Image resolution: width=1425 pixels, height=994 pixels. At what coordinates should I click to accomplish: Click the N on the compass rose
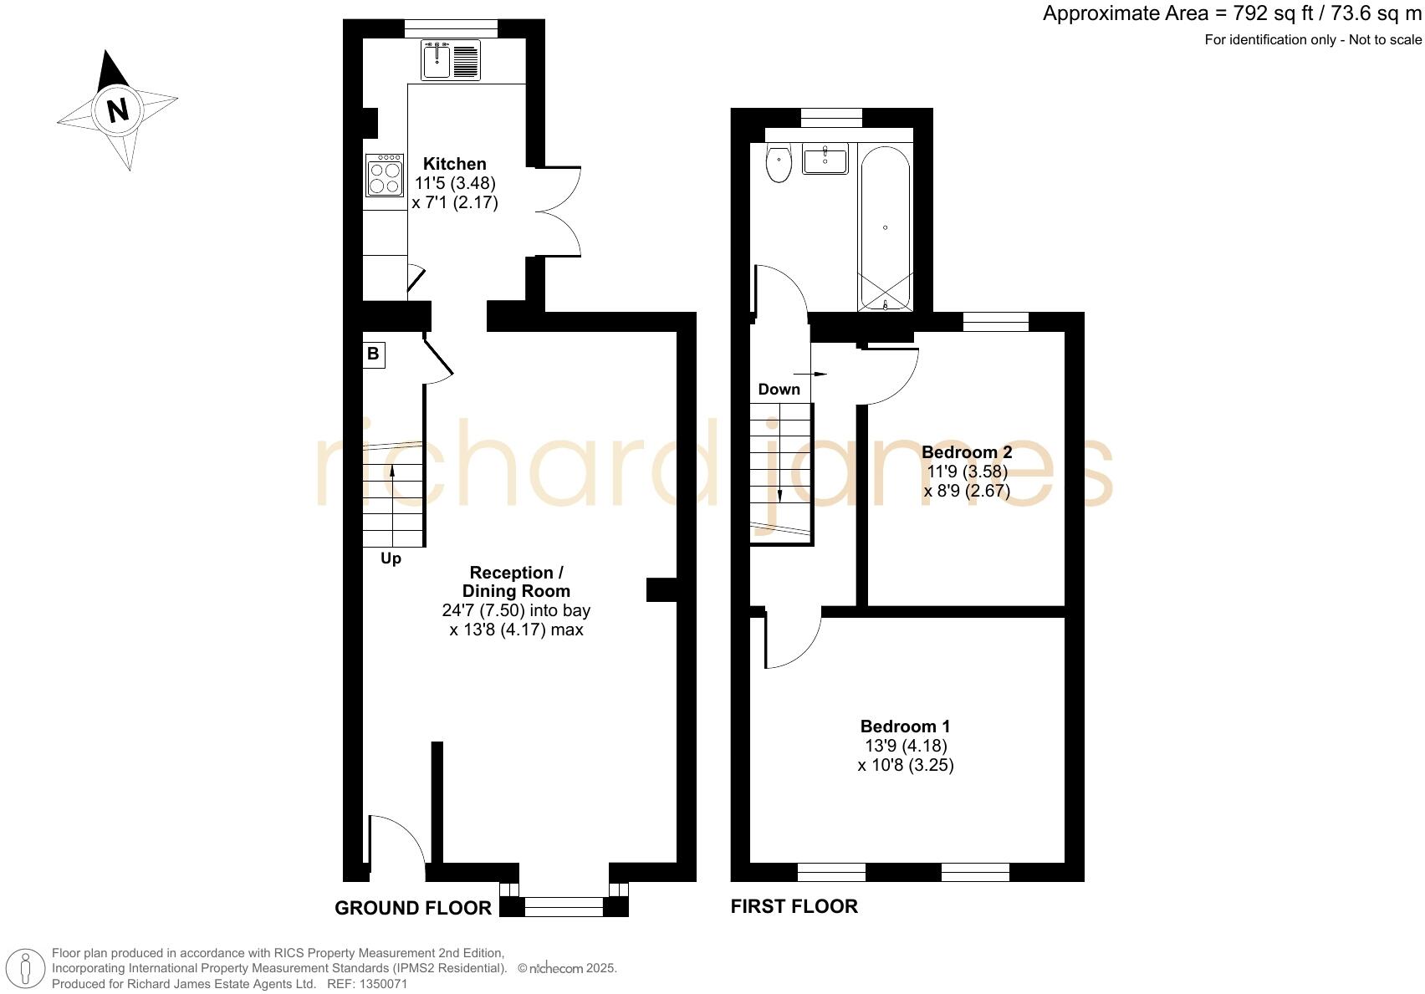[118, 110]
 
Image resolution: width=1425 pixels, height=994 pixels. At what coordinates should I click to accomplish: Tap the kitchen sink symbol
[452, 59]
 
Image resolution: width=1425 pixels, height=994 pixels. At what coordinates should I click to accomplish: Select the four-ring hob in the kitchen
[385, 176]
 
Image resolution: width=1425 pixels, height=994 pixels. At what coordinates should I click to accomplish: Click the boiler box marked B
[373, 354]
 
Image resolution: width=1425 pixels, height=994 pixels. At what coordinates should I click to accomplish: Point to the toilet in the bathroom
[779, 163]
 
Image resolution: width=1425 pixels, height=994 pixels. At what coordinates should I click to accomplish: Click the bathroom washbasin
[825, 158]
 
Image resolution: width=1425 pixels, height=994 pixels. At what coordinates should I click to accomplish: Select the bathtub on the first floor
[885, 227]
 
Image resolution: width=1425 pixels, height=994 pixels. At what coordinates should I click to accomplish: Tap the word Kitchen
[454, 164]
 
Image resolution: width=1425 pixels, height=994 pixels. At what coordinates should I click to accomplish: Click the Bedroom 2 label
[967, 452]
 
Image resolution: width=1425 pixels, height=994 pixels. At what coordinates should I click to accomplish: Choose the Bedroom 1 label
[905, 726]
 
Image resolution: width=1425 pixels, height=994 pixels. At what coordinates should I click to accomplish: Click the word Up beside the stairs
[391, 558]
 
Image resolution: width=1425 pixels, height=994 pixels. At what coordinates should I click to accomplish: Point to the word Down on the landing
[779, 389]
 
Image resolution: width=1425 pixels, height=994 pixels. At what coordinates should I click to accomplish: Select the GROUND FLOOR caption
[413, 908]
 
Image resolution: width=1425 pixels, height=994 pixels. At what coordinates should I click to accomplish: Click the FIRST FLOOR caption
[794, 906]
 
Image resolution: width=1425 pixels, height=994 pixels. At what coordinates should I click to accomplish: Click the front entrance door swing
[398, 840]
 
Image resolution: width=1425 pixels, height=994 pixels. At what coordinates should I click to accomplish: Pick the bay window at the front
[564, 905]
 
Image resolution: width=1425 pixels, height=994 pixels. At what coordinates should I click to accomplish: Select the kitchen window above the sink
[451, 28]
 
